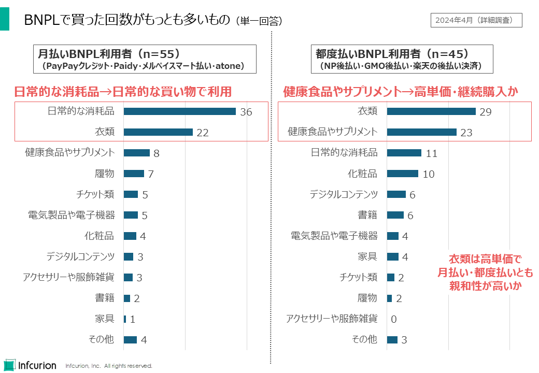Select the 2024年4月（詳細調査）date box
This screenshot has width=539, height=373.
476,20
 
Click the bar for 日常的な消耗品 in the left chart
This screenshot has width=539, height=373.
179,111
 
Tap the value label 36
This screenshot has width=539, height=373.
246,112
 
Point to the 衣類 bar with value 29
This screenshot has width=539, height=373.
431,111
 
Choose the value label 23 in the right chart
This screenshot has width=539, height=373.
466,133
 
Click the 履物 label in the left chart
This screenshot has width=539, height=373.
105,174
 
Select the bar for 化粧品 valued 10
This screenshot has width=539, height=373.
402,174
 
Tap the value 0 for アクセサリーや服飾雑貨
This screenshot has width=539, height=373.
394,319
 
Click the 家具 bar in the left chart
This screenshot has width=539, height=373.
125,319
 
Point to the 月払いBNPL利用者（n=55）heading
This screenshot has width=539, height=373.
109,53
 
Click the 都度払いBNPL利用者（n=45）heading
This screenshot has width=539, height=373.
392,53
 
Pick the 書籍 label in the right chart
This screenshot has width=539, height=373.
367,215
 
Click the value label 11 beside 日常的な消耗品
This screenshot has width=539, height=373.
432,153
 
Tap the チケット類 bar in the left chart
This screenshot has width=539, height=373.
131,194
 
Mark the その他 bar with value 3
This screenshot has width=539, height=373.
392,340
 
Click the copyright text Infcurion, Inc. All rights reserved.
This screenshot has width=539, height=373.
109,366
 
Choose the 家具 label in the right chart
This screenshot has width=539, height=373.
367,256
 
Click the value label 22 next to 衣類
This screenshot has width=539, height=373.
202,133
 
